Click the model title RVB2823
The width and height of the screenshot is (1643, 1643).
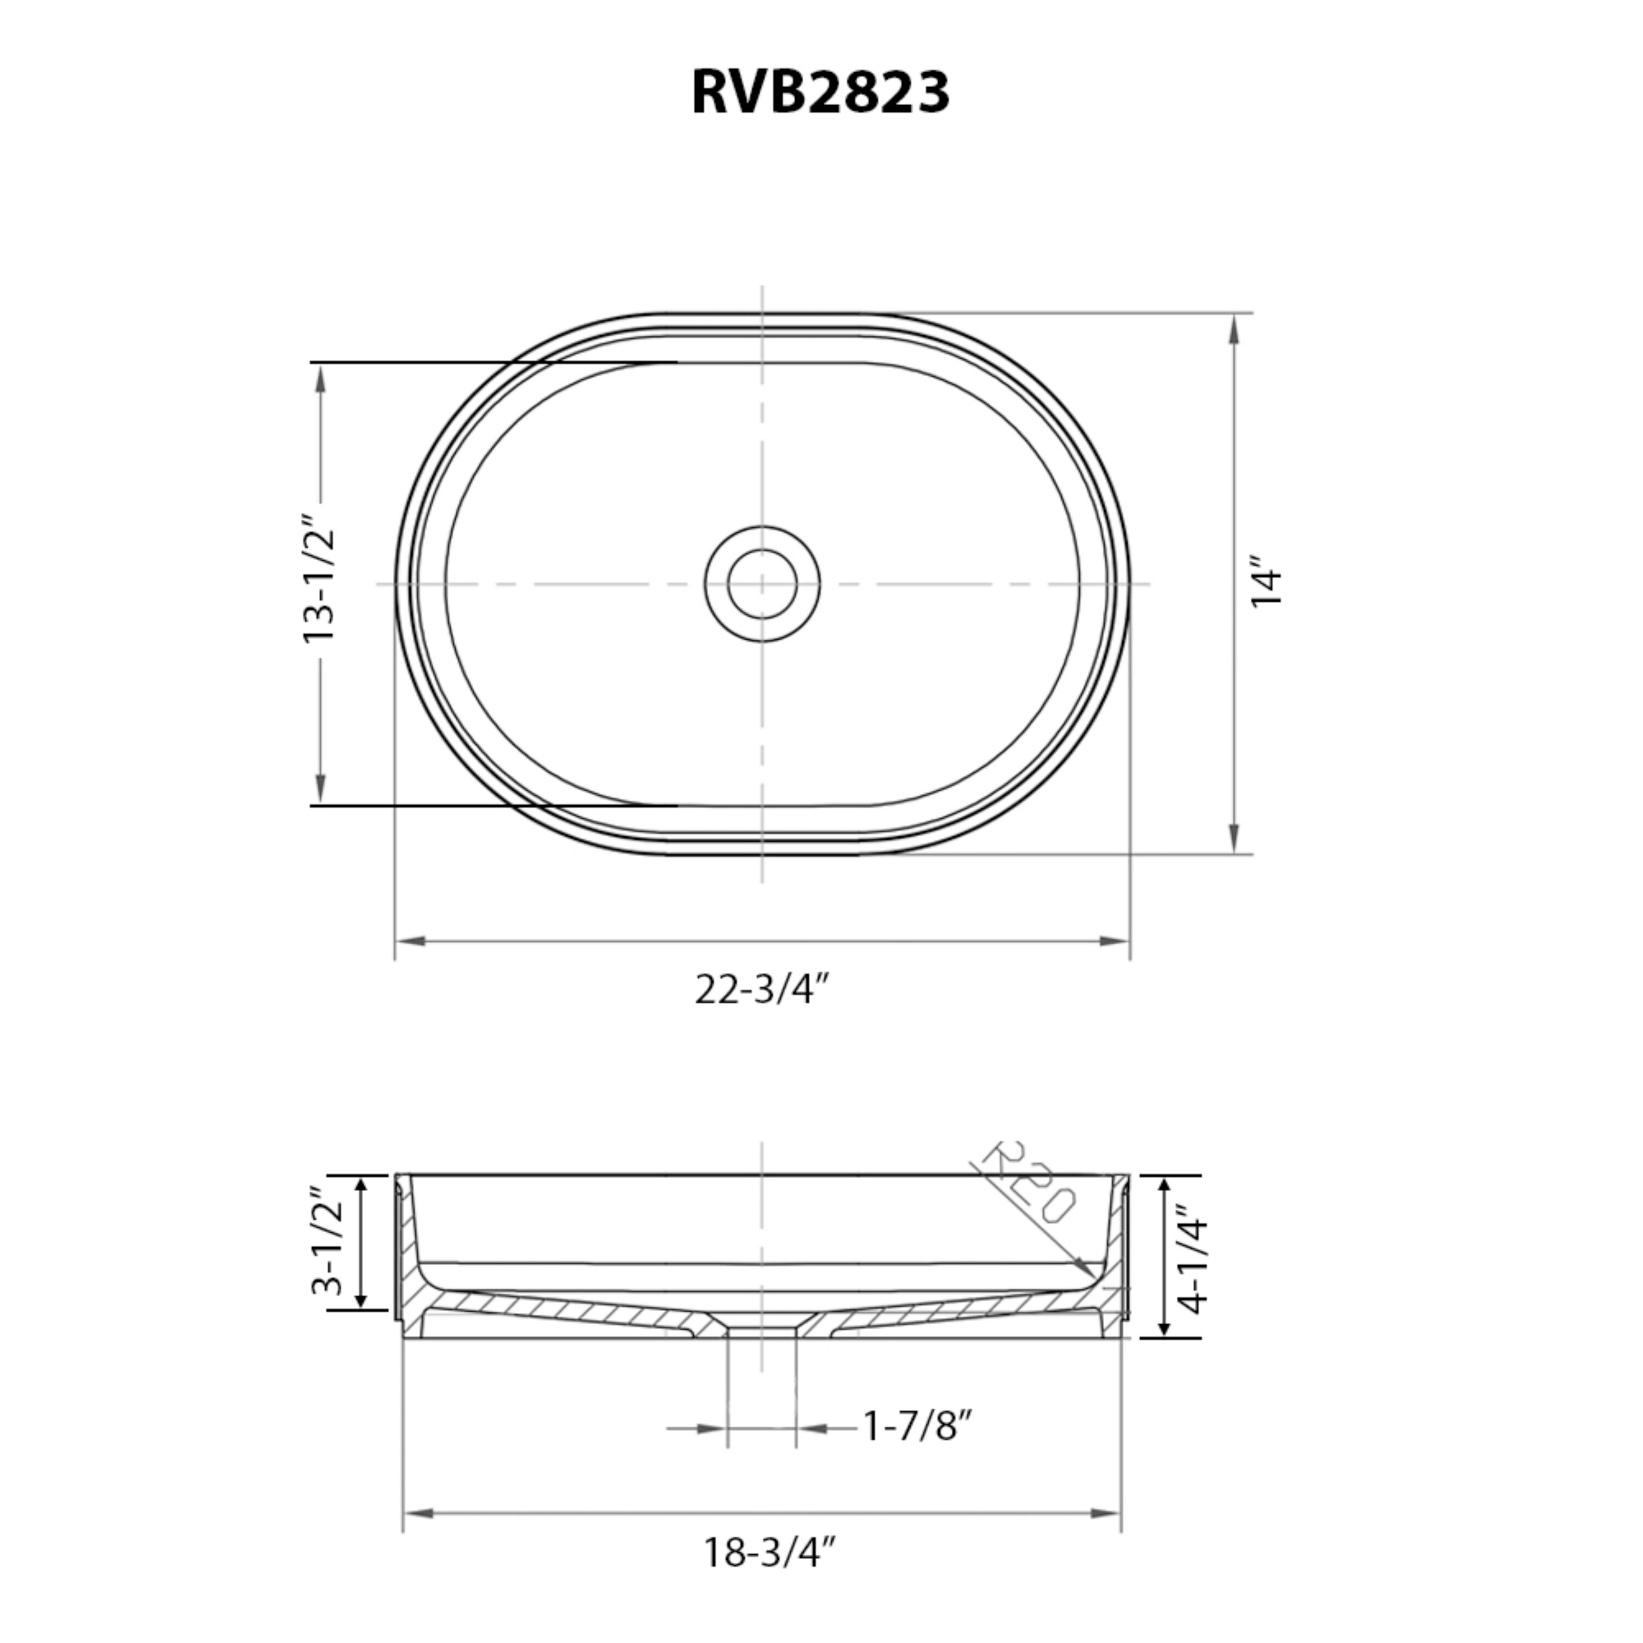[820, 92]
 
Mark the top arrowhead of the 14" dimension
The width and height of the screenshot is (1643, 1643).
[1234, 330]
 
